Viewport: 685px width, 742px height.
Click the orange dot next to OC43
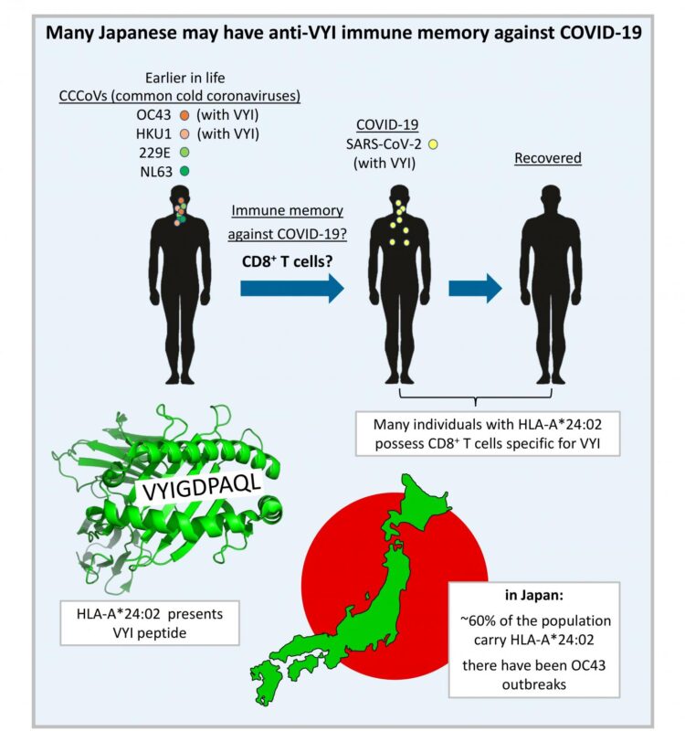pyautogui.click(x=184, y=116)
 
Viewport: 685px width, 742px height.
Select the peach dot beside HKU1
pyautogui.click(x=184, y=133)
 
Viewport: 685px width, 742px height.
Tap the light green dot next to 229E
pyautogui.click(x=184, y=152)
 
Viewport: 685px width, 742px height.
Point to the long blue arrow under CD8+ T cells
pyautogui.click(x=290, y=290)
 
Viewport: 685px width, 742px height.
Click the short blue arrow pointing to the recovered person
pyautogui.click(x=475, y=290)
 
